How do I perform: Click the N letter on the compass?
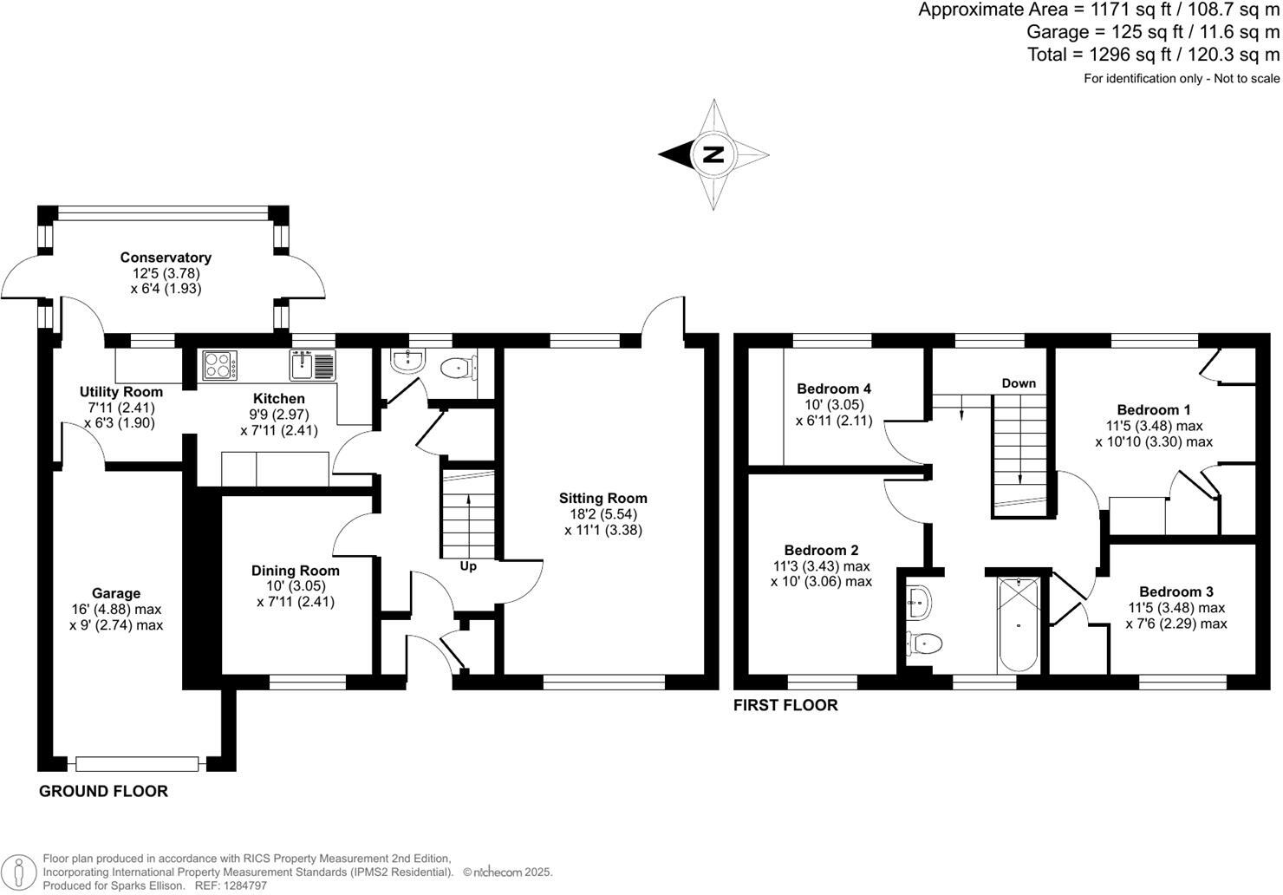tap(713, 155)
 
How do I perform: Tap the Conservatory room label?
tap(166, 258)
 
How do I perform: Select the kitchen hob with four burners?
tap(220, 365)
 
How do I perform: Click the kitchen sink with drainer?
tap(311, 365)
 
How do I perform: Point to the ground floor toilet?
tap(456, 369)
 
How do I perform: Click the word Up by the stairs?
tap(468, 566)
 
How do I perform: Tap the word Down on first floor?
tap(1019, 382)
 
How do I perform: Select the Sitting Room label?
tap(602, 498)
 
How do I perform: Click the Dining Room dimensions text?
tap(296, 594)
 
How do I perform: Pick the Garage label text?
tap(116, 593)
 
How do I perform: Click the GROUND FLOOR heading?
tap(103, 791)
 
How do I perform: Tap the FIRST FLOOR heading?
tap(785, 705)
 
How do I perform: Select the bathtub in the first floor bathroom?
tap(1018, 624)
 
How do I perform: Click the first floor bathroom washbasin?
tap(918, 601)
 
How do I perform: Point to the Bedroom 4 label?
tap(834, 389)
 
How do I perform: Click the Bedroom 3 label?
tap(1176, 591)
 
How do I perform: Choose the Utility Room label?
tap(121, 392)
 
